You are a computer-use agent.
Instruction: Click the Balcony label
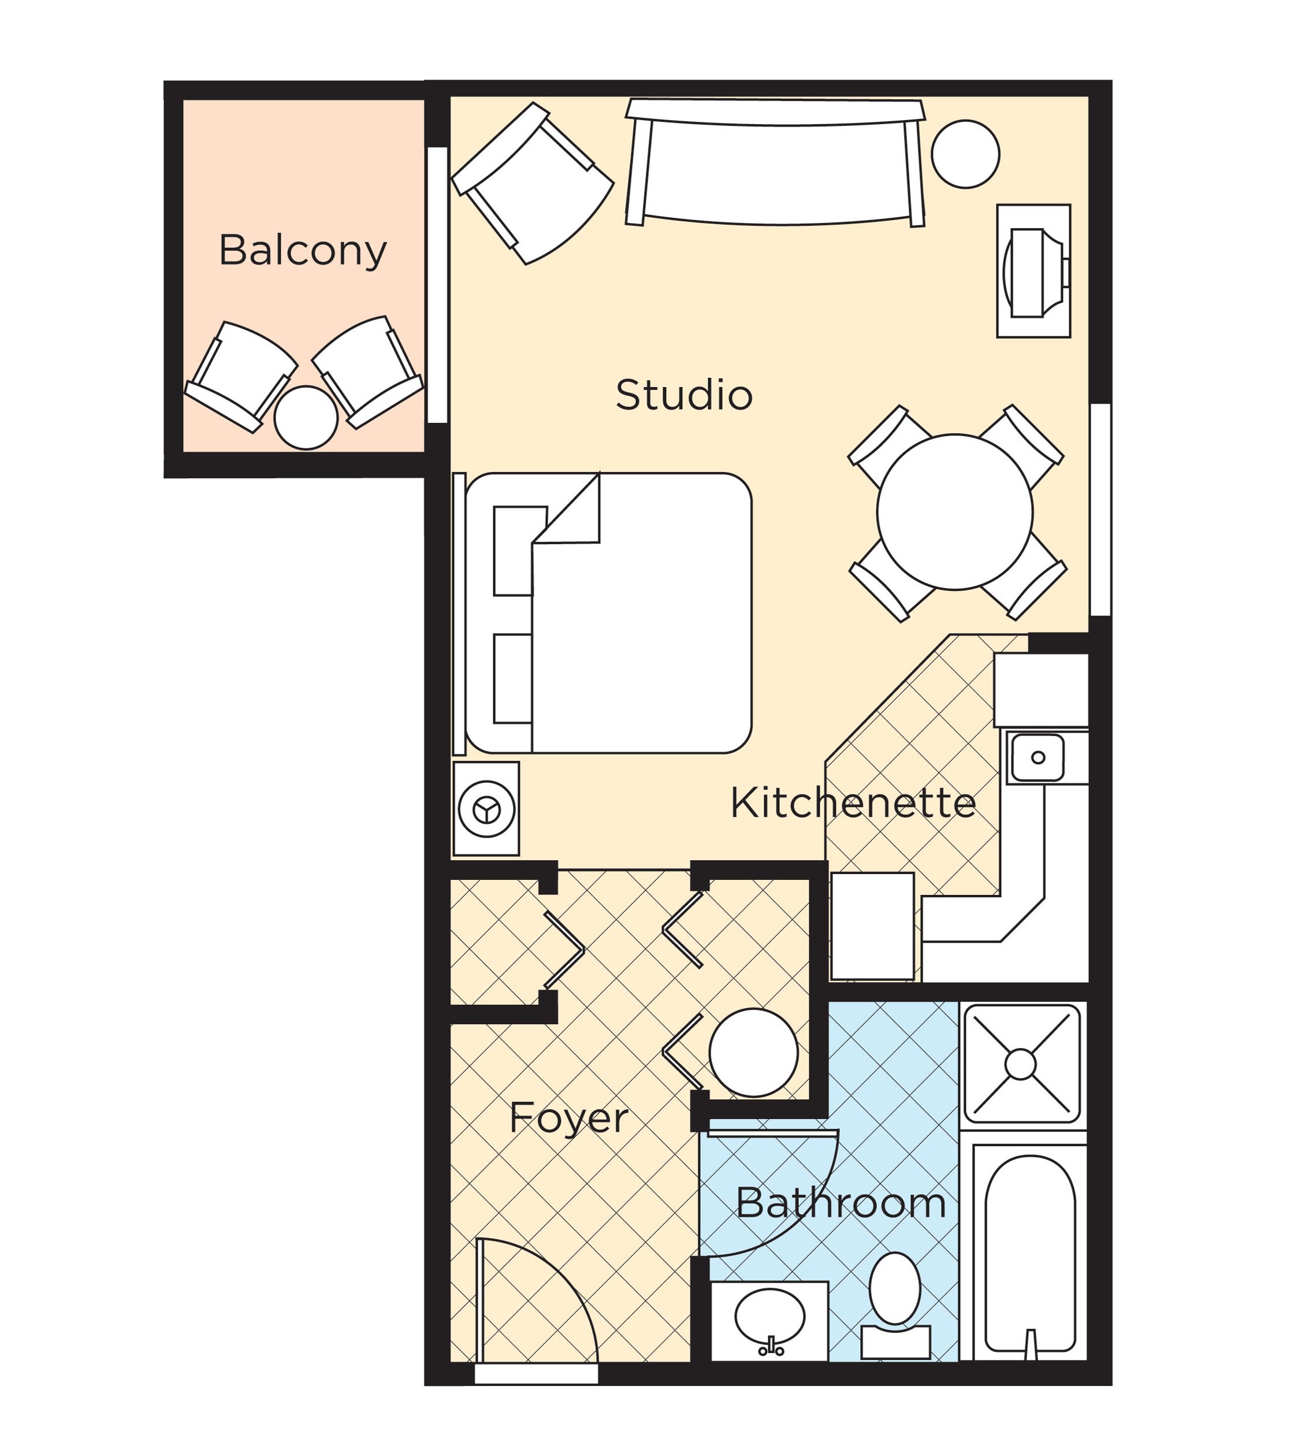click(302, 250)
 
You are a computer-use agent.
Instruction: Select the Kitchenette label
click(853, 804)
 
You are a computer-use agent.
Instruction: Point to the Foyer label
click(569, 1118)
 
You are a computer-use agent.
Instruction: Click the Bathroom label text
click(841, 1204)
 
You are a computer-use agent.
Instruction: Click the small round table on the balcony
click(306, 418)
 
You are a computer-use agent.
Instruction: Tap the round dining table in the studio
click(954, 512)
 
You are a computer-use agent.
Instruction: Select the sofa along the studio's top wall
click(775, 170)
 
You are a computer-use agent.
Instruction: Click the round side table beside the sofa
click(965, 154)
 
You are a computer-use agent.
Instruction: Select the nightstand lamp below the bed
click(486, 809)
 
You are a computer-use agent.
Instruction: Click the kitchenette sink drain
click(1038, 757)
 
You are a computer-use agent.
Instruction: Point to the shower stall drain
click(1020, 1064)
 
